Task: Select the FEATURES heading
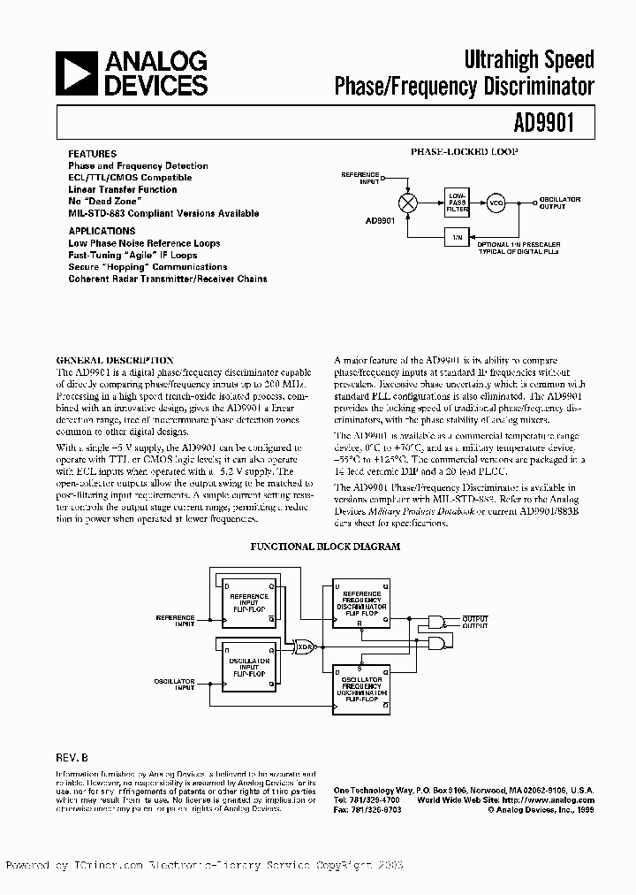[x=92, y=154]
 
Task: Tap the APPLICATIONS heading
[x=102, y=231]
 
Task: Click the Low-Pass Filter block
[x=457, y=203]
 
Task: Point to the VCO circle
[x=496, y=203]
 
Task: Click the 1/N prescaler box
[x=457, y=237]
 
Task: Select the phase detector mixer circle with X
[x=408, y=203]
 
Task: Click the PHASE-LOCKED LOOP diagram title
[x=464, y=152]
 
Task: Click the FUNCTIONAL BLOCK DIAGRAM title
[x=325, y=547]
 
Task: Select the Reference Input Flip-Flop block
[x=249, y=603]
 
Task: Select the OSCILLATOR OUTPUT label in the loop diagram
[x=560, y=203]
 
